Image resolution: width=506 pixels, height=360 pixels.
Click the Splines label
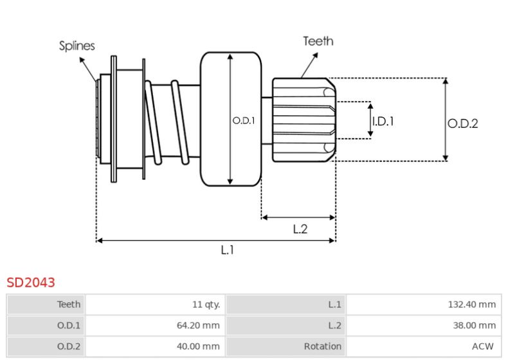(x=77, y=46)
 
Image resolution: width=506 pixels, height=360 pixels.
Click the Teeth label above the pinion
(x=318, y=41)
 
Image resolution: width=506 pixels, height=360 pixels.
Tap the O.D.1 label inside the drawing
(x=244, y=121)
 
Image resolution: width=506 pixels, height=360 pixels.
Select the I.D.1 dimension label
(x=383, y=122)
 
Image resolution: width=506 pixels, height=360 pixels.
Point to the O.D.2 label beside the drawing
(x=462, y=123)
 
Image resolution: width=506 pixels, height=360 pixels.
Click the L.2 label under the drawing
(x=300, y=229)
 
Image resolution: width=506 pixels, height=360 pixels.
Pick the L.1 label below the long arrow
(x=227, y=249)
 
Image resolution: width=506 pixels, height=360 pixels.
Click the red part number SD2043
(x=31, y=282)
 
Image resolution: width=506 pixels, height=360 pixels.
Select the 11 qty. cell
(x=206, y=305)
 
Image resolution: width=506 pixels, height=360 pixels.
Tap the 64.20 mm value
(x=198, y=325)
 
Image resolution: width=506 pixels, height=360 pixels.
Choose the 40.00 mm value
(x=198, y=346)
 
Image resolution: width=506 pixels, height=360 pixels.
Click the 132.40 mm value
(x=472, y=305)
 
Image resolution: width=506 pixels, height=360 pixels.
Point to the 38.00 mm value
(x=474, y=325)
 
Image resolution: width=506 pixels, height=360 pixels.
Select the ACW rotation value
(x=483, y=346)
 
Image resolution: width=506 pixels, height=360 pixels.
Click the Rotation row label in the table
(x=322, y=346)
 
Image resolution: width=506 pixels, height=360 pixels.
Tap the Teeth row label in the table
(x=69, y=305)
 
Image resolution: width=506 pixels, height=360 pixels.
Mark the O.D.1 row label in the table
(x=69, y=325)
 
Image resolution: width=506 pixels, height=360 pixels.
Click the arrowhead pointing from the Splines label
(x=82, y=60)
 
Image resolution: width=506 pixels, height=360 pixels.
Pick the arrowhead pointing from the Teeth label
(x=315, y=55)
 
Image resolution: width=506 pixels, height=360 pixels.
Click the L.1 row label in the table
(x=334, y=305)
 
